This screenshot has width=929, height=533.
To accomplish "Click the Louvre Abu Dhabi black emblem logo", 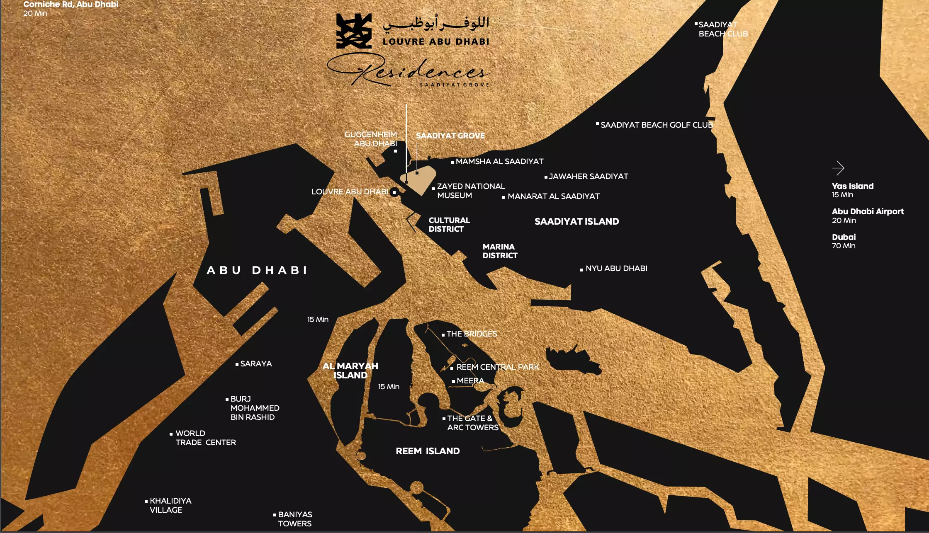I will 353,31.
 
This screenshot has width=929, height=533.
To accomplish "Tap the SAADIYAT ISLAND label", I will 576,221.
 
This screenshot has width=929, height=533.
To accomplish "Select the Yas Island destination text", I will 852,186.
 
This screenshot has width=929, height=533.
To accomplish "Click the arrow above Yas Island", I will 838,168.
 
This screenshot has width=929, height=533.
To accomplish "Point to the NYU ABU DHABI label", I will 616,268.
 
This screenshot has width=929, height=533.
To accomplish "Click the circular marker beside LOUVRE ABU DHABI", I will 394,192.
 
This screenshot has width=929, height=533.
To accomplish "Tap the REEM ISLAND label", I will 428,451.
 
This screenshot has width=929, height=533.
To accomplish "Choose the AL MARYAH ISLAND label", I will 350,371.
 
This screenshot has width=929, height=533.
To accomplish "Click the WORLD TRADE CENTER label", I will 205,438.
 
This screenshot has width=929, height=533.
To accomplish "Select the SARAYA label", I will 256,363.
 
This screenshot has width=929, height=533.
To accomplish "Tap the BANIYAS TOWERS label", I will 295,519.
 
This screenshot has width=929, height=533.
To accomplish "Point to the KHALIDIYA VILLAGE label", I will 170,505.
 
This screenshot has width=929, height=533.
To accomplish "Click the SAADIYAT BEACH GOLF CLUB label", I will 657,125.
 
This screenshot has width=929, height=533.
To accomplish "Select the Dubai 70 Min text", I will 844,241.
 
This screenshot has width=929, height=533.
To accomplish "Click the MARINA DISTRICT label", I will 500,251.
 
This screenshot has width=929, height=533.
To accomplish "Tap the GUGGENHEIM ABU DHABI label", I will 371,139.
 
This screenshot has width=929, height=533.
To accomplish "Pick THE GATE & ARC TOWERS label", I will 472,423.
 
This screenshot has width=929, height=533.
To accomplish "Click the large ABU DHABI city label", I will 257,270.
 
